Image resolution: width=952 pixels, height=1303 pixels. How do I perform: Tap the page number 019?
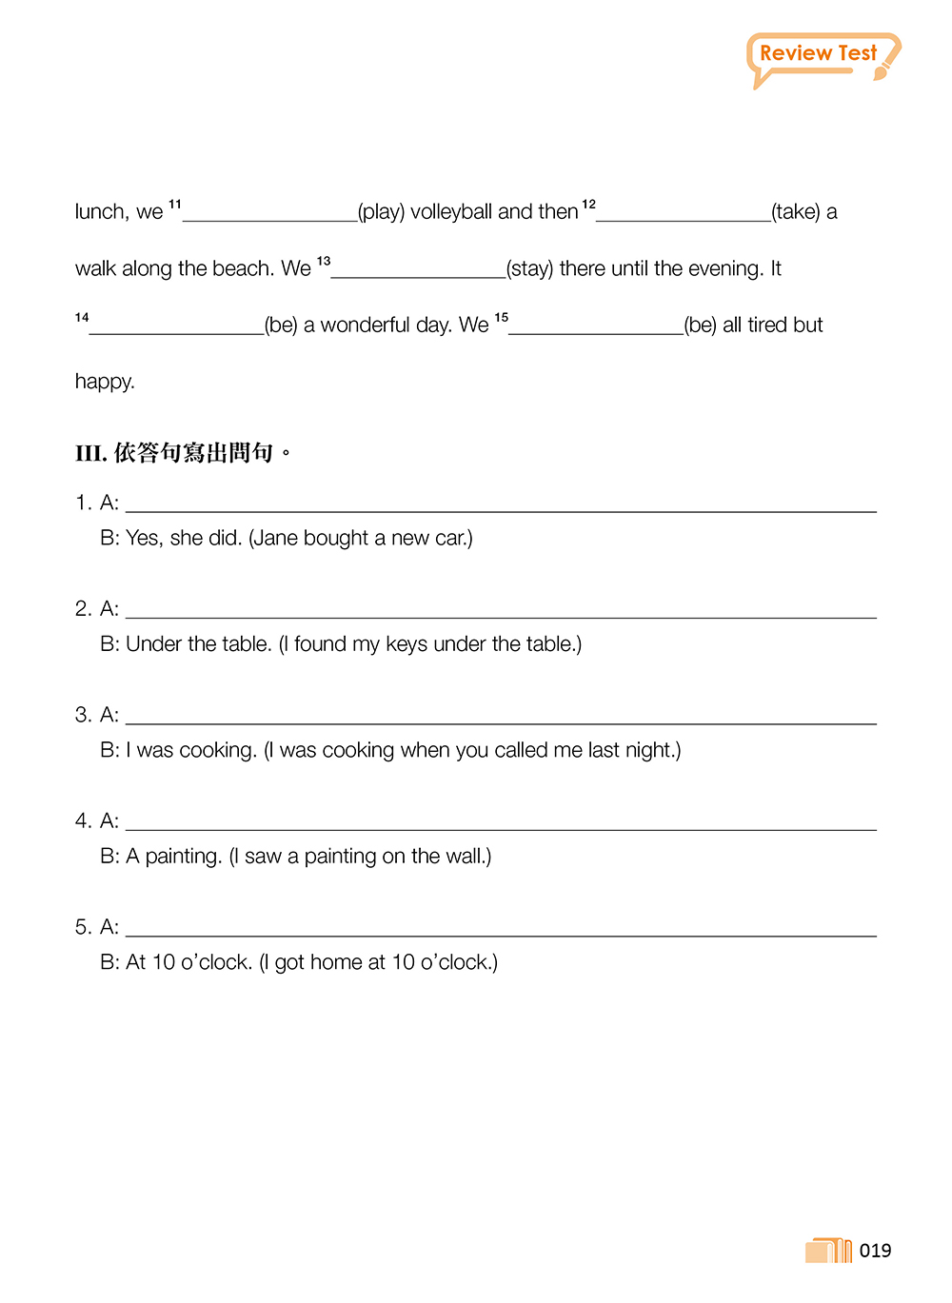coord(875,1251)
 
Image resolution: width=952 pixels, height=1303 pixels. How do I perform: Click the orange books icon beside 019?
coord(828,1250)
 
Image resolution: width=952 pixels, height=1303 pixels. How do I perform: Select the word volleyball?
coord(451,211)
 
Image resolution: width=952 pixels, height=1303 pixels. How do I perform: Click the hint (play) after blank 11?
coord(381,211)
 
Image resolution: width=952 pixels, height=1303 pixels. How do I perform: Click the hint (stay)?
coord(530,268)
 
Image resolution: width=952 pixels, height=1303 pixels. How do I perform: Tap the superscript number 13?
coord(324,260)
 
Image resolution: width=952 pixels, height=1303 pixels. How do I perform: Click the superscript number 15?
coord(502,317)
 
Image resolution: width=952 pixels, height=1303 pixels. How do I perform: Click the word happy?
coord(104,382)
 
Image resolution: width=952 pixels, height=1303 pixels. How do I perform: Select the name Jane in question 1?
coord(276,538)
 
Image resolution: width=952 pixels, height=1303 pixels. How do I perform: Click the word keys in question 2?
coord(407,644)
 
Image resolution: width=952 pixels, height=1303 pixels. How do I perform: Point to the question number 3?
coord(82,715)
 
